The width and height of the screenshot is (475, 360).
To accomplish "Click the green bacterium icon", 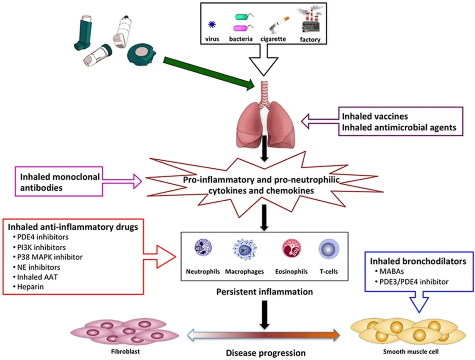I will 245,17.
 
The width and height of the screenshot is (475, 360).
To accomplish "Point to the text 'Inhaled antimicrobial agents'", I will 399,127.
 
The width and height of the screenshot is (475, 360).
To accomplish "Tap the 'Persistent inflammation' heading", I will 264,292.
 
